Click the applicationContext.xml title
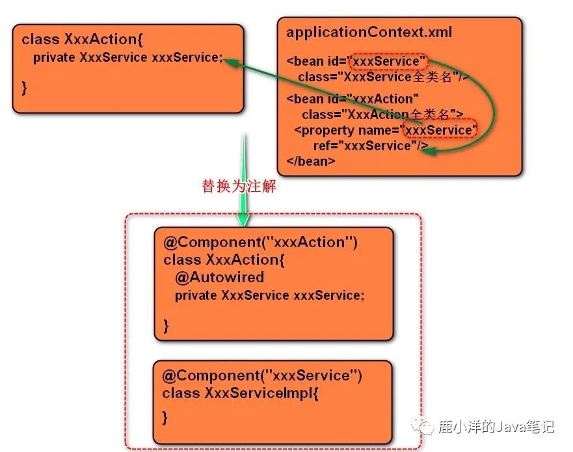pos(369,32)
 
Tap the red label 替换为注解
pos(239,186)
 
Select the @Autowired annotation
pos(220,277)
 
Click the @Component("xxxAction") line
pos(261,243)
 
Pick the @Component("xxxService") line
pos(262,376)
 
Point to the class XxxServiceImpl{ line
pos(240,393)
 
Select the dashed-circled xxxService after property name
pos(440,129)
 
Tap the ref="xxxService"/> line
pos(371,146)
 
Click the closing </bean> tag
pos(311,161)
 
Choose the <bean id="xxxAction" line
pos(353,99)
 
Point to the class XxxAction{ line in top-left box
pos(82,39)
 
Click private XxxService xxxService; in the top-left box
pos(127,57)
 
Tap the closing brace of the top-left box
pos(24,88)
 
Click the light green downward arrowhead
pos(243,219)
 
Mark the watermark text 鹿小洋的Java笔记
pos(497,427)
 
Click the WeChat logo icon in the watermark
pos(422,425)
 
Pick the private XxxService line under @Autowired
pos(270,295)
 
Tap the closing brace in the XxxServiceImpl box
pos(165,418)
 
